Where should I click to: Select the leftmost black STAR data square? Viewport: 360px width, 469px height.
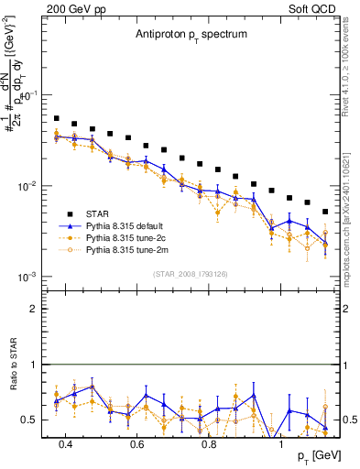pos(56,118)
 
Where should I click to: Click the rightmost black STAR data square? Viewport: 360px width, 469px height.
pos(325,212)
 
